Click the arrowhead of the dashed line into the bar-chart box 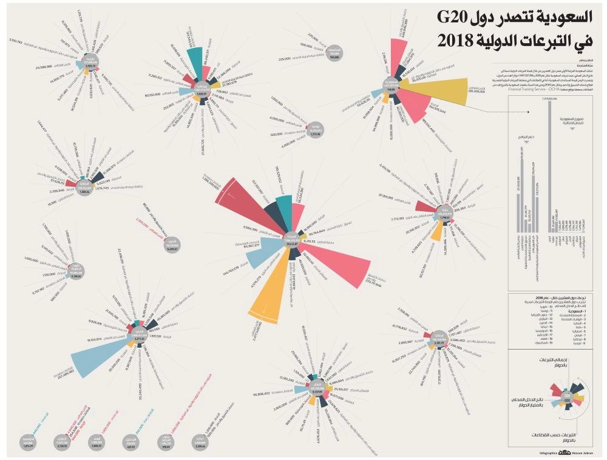(529, 111)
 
